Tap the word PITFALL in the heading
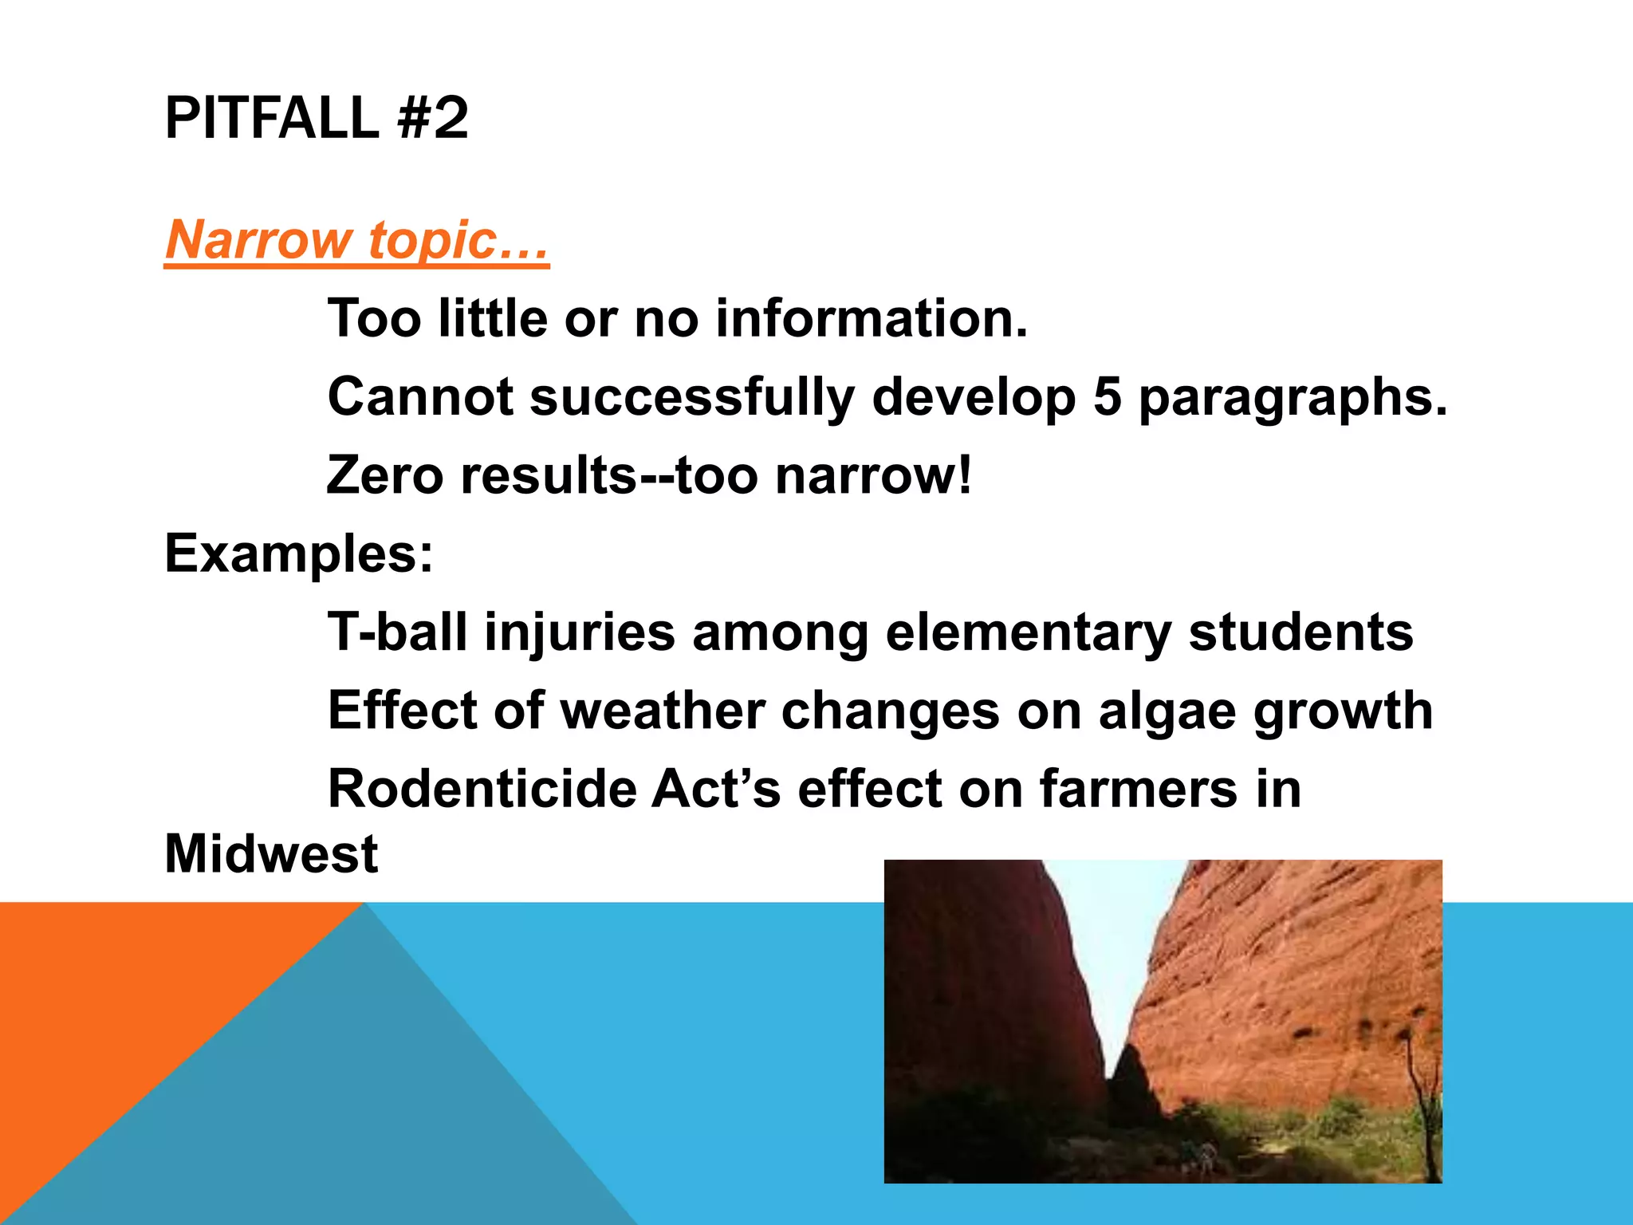tap(271, 118)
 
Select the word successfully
tap(692, 397)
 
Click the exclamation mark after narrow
tap(965, 475)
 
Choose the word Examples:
tap(299, 553)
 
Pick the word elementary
tap(1028, 632)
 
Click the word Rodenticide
tap(482, 788)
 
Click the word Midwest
tap(271, 853)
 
